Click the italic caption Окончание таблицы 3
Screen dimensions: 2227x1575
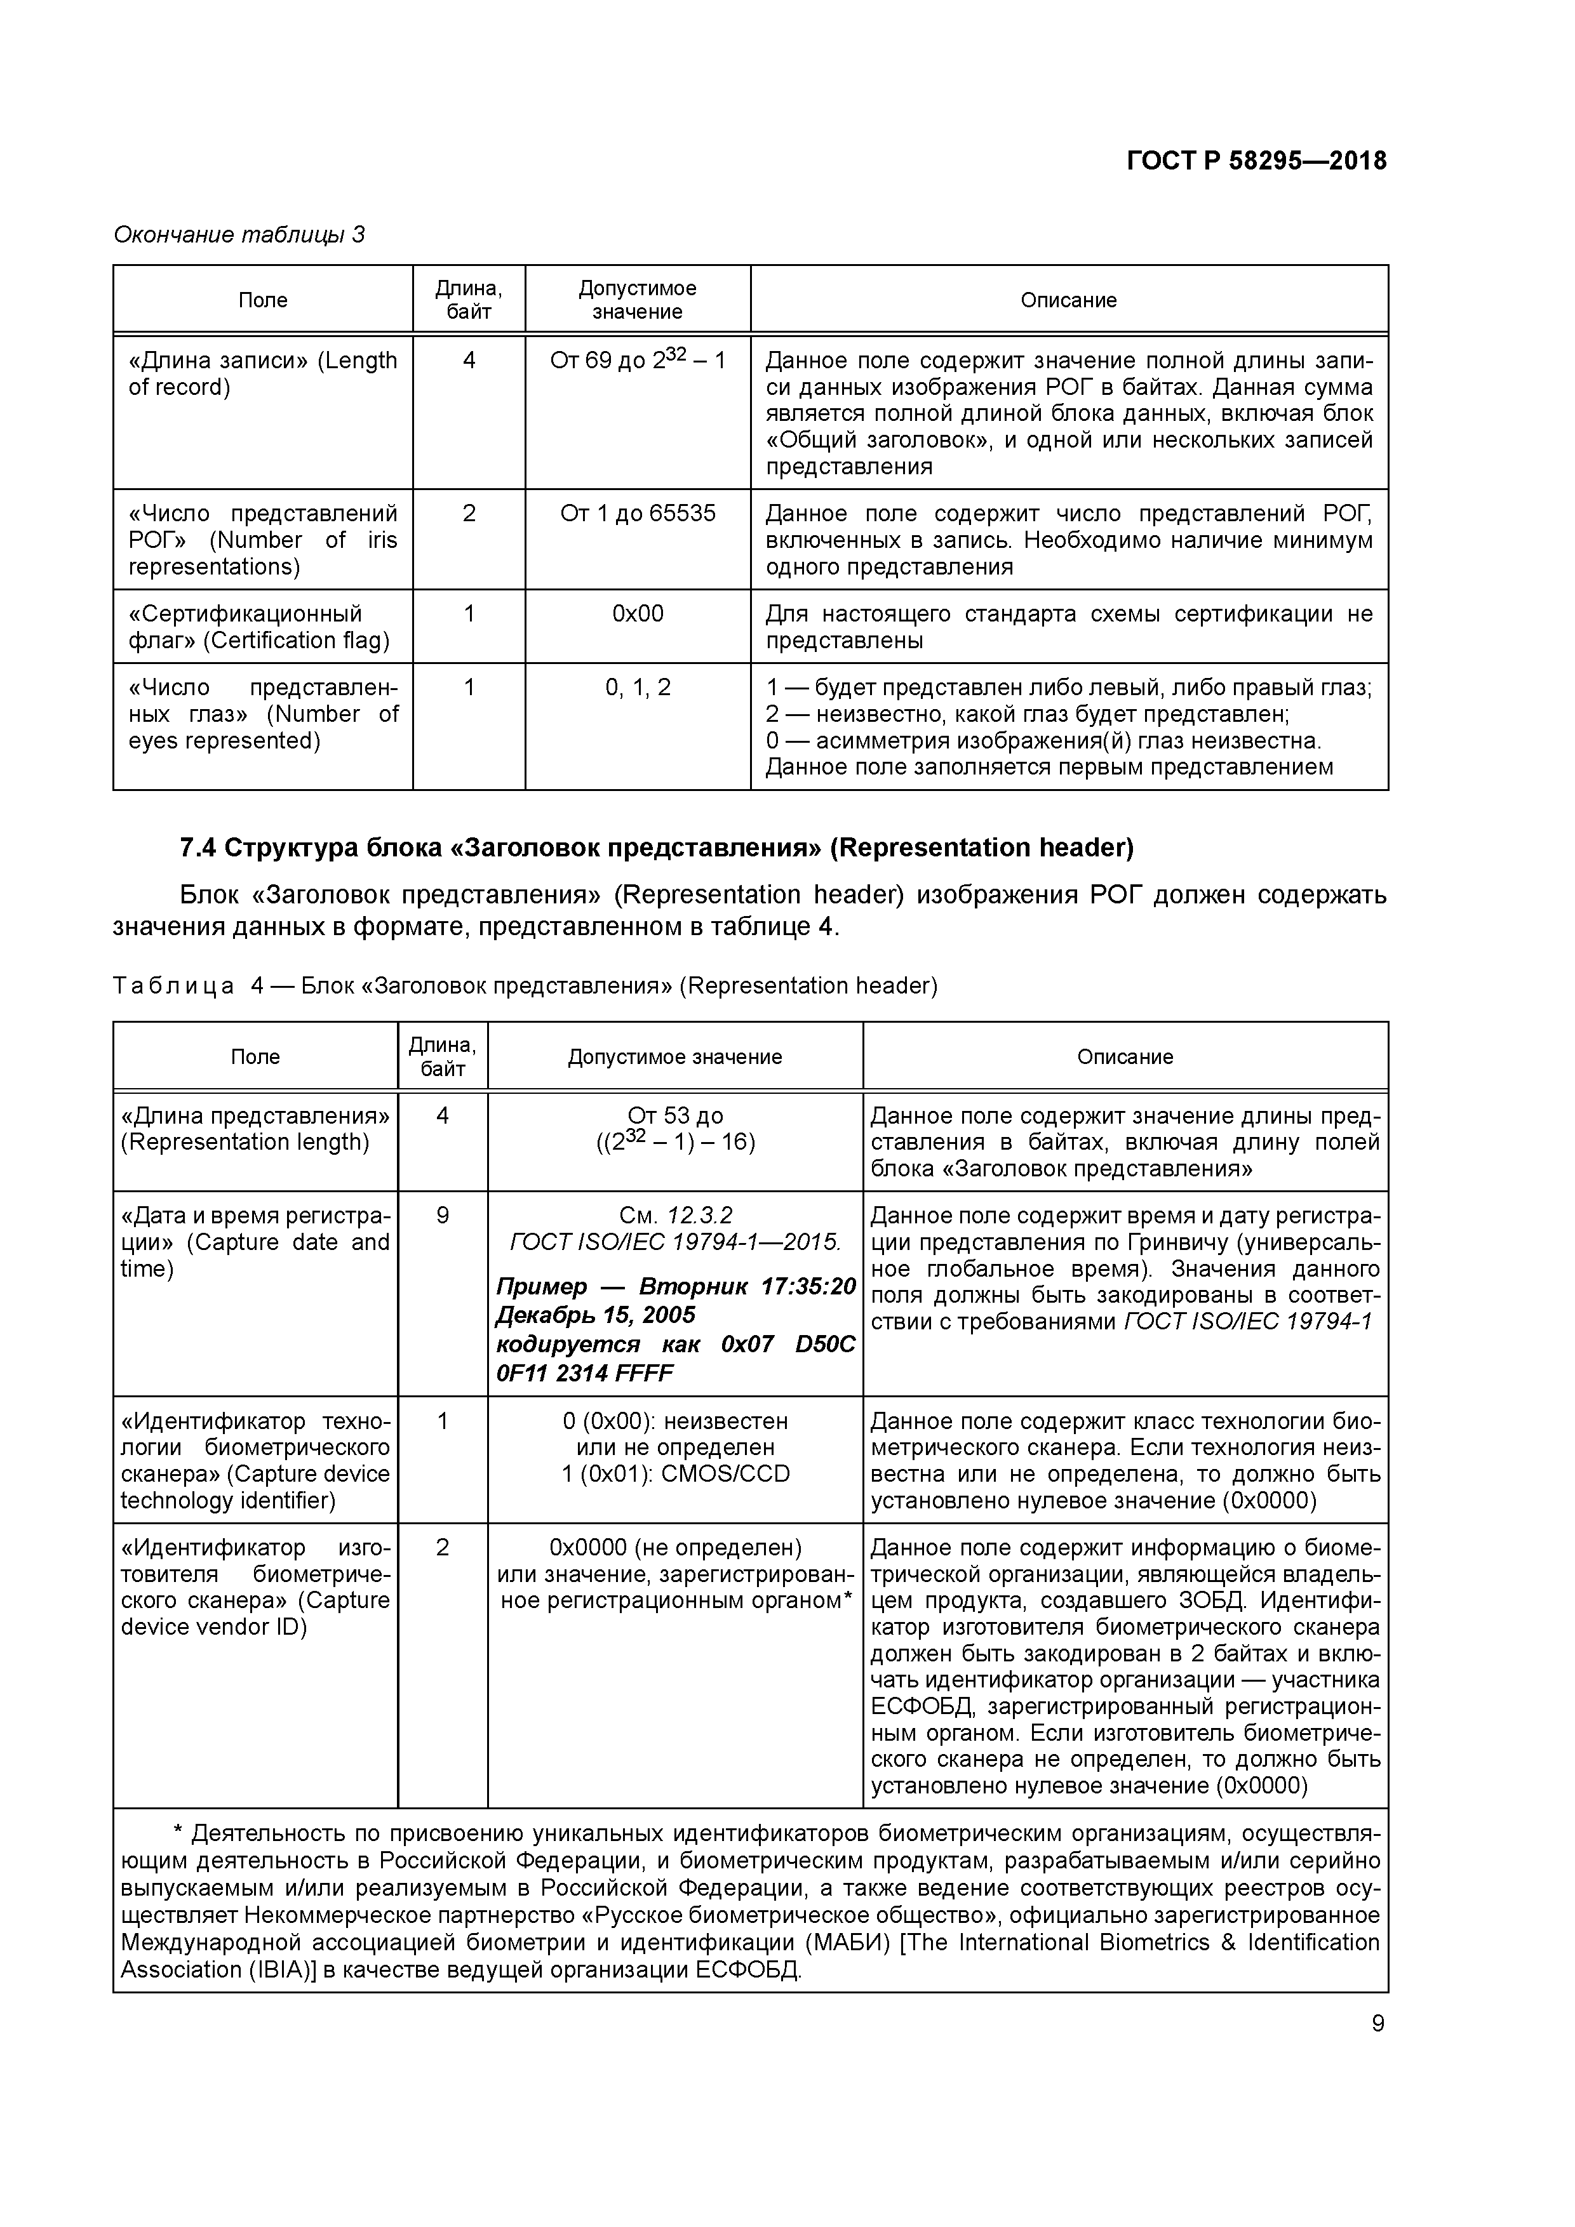coord(239,235)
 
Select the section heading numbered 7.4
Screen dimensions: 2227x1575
coord(656,848)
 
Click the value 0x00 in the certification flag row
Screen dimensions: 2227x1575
coord(638,614)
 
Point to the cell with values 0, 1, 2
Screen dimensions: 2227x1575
coord(638,688)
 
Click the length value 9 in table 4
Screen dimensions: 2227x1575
coord(443,1215)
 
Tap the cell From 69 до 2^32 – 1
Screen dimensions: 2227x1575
coord(638,360)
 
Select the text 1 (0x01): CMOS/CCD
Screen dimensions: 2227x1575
coord(676,1474)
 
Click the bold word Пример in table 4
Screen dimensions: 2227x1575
coord(542,1287)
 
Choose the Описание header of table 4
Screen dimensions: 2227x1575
coord(1125,1056)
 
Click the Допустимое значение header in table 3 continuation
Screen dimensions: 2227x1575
coord(638,300)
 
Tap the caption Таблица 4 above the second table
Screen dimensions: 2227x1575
coord(173,987)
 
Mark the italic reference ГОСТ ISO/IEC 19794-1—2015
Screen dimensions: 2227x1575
coord(676,1242)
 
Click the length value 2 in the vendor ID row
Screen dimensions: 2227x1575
coord(443,1547)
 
